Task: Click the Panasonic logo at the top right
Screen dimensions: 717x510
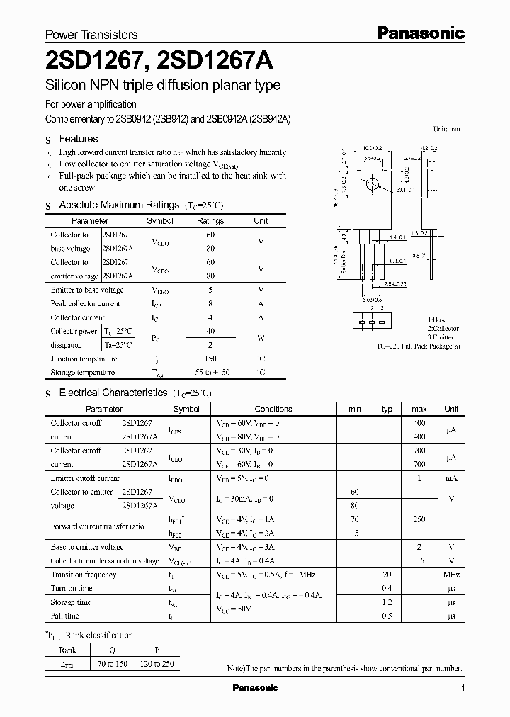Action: tap(420, 33)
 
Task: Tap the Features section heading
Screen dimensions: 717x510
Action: tap(78, 139)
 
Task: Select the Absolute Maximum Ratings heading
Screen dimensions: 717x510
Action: tap(118, 205)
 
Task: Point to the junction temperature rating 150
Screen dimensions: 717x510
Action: tap(210, 358)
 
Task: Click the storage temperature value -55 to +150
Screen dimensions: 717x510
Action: tap(210, 372)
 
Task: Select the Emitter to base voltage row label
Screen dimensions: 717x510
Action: tap(87, 290)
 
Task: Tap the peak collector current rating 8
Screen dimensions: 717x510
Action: tap(210, 303)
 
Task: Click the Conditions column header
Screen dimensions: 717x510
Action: tap(273, 409)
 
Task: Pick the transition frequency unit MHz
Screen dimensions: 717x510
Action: tap(451, 575)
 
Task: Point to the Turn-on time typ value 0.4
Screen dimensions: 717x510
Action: tap(387, 588)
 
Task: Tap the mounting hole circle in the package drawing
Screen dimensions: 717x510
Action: tap(370, 185)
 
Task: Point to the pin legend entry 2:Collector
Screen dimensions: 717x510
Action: tap(443, 329)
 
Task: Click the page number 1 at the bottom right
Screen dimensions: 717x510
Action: tap(463, 689)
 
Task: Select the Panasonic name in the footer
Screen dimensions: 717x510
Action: tap(255, 688)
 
